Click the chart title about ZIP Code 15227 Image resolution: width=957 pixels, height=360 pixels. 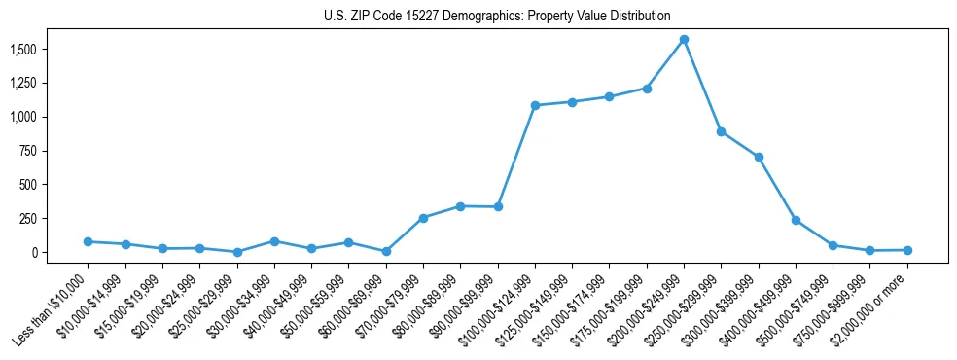497,16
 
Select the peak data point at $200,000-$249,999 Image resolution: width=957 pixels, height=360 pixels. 684,40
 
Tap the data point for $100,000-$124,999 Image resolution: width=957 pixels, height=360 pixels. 535,105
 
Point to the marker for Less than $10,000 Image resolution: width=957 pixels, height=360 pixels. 88,241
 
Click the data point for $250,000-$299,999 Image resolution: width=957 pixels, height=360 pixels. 721,131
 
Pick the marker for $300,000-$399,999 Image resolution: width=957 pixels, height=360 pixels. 759,157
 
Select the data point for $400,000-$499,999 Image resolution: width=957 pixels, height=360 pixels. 796,220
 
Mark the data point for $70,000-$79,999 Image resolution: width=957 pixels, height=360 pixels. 423,218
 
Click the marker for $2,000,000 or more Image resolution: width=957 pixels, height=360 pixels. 907,250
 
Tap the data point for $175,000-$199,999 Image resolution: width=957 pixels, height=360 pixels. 647,89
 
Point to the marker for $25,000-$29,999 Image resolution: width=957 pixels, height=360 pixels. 237,252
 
